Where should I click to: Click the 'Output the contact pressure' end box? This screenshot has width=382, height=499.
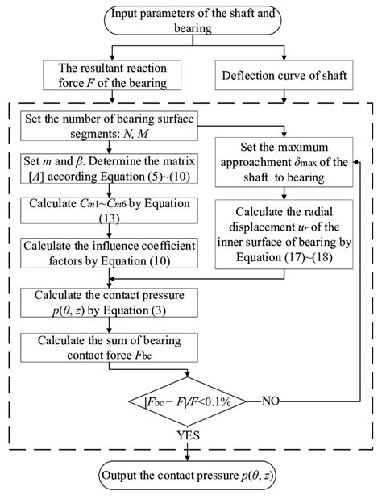click(191, 475)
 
